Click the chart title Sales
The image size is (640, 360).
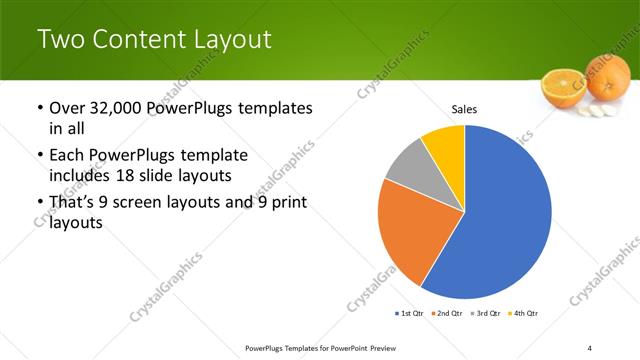pos(464,108)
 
